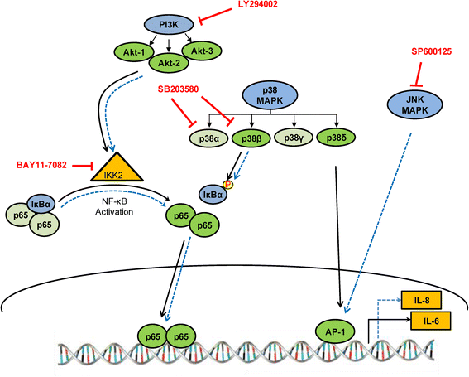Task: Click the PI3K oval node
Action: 169,25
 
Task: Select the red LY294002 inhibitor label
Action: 258,4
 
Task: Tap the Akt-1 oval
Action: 134,52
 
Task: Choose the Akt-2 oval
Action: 169,63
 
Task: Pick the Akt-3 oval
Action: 202,51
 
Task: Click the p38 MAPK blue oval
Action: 270,95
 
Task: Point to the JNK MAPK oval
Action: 415,105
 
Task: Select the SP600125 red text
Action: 432,51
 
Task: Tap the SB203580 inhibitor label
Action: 179,89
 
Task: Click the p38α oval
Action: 209,138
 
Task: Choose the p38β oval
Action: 251,138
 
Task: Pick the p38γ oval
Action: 294,138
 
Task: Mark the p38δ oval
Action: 336,138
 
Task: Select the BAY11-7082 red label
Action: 41,165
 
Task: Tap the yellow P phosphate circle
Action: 229,184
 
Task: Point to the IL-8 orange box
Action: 422,300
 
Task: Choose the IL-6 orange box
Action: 431,321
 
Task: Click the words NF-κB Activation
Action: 114,206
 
